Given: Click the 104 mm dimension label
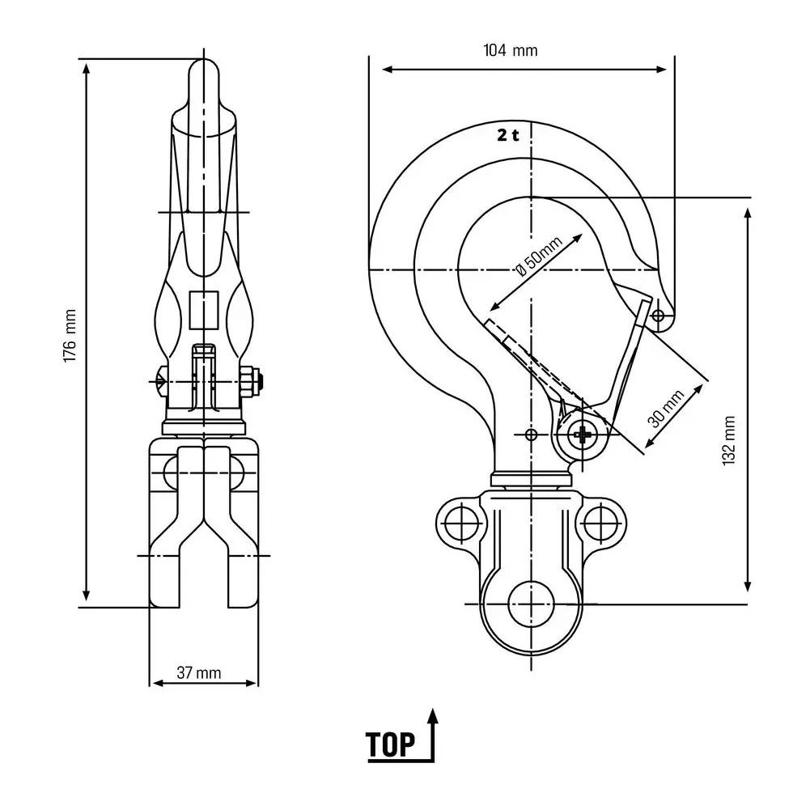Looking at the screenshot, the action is point(511,50).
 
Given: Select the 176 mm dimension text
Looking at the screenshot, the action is point(70,336).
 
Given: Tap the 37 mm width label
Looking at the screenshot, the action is point(199,672).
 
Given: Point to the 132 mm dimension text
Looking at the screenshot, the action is point(729,441).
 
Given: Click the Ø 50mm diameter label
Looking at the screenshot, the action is point(539,257).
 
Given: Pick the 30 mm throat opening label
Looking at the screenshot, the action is point(667,409).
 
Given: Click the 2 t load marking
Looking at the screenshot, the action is point(508,135).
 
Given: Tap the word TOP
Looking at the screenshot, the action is point(391,744).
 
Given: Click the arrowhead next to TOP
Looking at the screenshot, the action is point(433,716).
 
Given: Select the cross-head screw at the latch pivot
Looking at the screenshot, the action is point(582,435).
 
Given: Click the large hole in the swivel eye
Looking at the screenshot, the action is point(531,604).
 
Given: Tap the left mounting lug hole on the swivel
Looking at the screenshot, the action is point(462,523).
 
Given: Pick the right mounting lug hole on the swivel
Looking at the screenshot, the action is point(600,523).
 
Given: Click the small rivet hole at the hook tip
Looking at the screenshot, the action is point(659,315).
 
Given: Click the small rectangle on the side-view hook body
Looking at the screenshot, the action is point(204,310).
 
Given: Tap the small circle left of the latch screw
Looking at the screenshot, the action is point(531,435).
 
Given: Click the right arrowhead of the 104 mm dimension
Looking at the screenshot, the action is point(661,70).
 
